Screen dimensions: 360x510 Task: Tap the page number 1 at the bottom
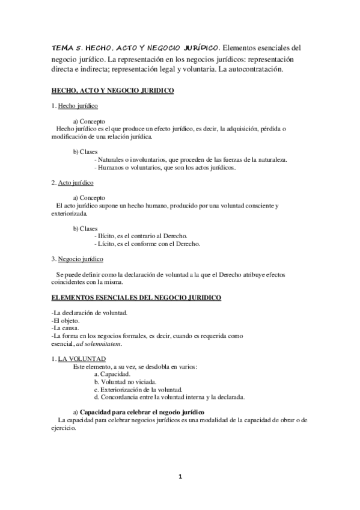[x=180, y=477]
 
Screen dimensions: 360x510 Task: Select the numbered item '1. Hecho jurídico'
[x=73, y=106]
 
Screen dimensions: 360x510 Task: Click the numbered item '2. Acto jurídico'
[x=72, y=182]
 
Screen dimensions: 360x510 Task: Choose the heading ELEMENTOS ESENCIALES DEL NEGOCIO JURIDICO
[x=136, y=297]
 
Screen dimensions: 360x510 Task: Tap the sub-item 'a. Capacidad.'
[x=113, y=373]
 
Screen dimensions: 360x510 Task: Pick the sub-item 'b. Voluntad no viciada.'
[x=126, y=381]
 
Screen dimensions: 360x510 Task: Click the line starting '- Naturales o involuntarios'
[x=191, y=159]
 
